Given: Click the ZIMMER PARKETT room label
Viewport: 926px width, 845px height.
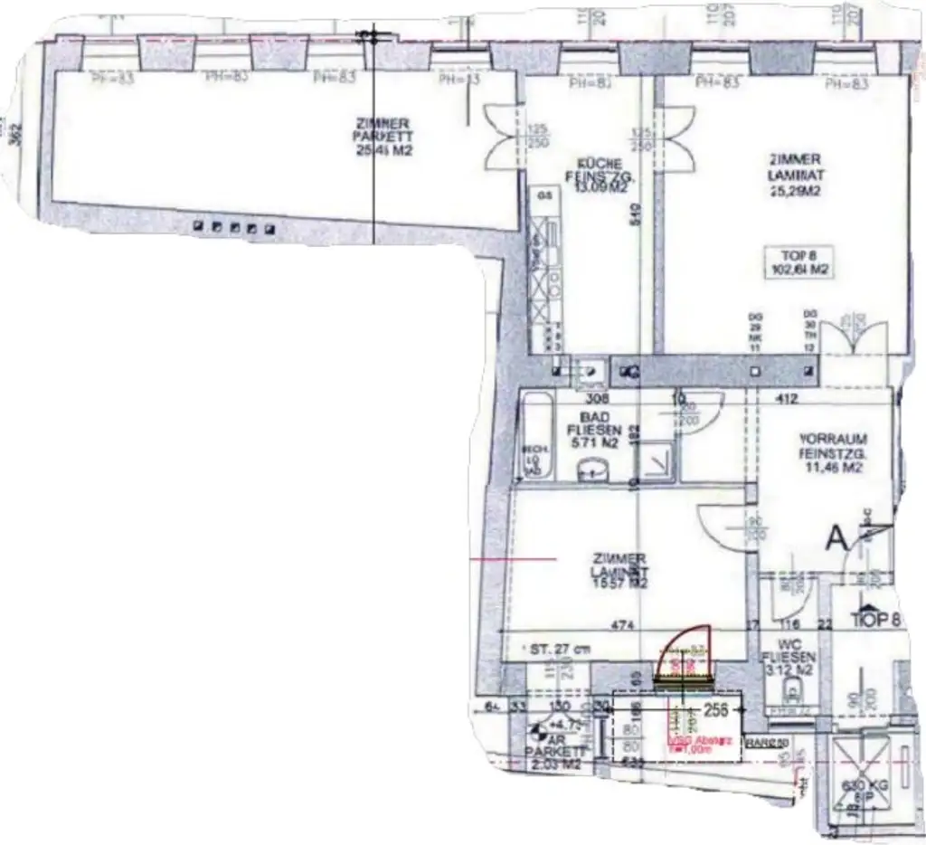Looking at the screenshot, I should click(x=384, y=137).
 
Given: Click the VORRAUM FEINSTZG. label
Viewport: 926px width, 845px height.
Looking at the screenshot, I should click(x=834, y=453).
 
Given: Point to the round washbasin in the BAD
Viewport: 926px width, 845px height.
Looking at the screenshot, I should click(x=592, y=469).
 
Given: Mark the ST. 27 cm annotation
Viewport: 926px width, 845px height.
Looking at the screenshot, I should click(x=561, y=649).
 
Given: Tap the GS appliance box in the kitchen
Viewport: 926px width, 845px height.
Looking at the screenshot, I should click(x=544, y=195).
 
